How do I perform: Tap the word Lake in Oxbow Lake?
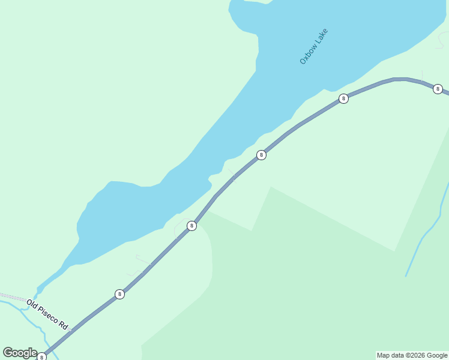322,35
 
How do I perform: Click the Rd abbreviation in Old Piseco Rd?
63,325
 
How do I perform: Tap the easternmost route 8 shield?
438,89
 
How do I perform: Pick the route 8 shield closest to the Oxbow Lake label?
343,98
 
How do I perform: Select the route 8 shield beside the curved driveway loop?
191,226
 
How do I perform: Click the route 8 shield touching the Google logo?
41,357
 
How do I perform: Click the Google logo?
20,353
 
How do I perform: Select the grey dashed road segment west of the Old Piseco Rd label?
12,296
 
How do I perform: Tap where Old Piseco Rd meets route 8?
71,329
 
